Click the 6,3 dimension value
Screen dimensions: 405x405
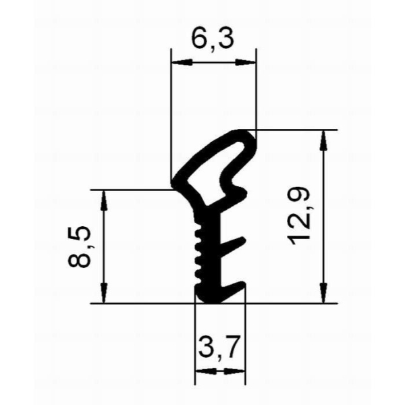(x=213, y=40)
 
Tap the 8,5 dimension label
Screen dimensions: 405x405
(x=80, y=247)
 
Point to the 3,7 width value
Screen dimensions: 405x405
(x=219, y=349)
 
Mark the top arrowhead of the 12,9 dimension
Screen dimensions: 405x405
(x=325, y=137)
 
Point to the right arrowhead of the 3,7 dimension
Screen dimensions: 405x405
(x=238, y=371)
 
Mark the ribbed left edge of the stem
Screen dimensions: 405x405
(x=197, y=253)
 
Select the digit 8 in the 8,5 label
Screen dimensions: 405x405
(x=80, y=259)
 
